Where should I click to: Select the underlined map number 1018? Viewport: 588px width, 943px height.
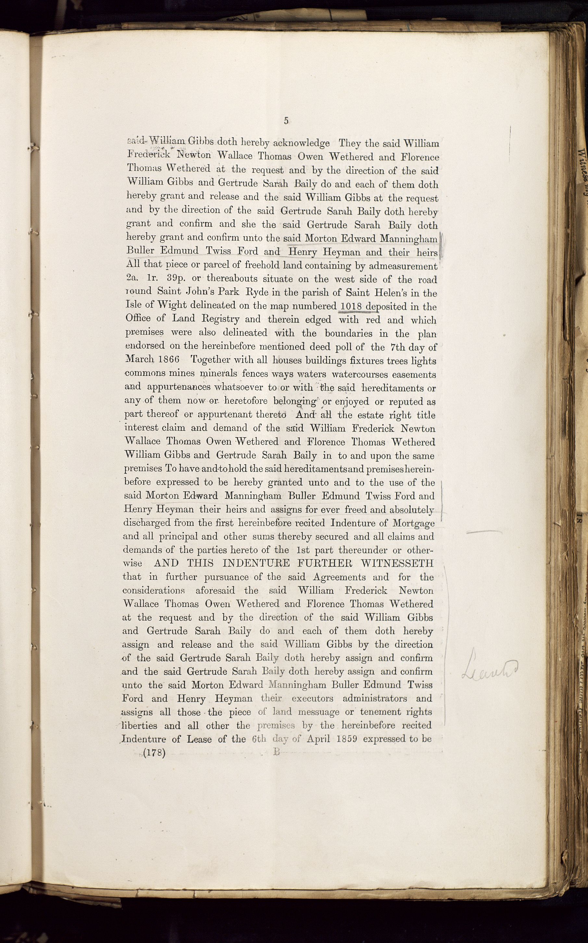click(351, 306)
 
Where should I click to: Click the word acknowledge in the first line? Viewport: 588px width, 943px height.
click(301, 143)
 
